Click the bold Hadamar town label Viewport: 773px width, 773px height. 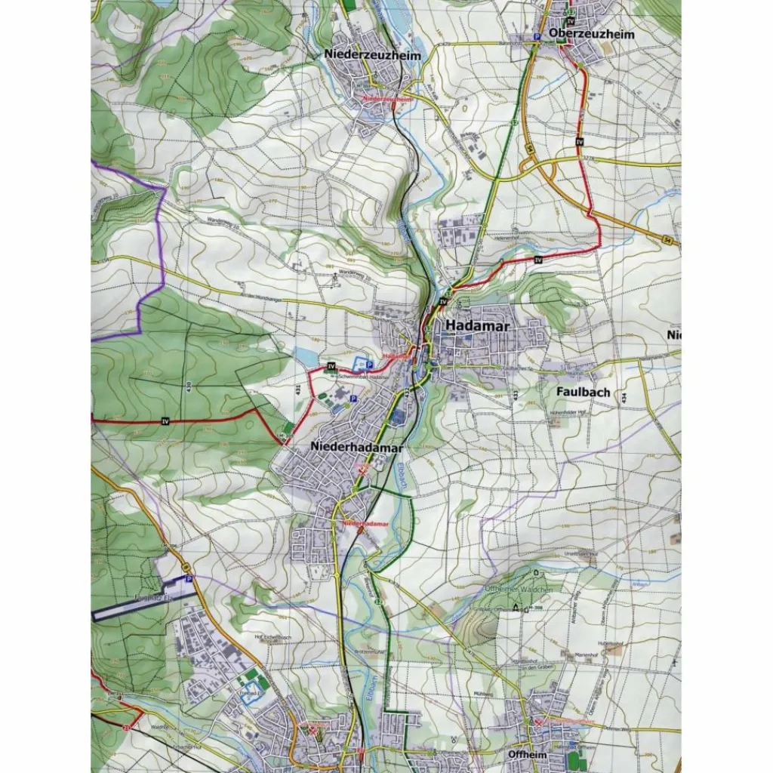click(478, 326)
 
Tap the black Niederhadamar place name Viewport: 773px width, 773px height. click(356, 448)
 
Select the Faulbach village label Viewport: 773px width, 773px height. click(583, 393)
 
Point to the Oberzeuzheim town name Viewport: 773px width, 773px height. click(592, 34)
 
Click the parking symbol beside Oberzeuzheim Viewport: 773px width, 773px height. click(537, 36)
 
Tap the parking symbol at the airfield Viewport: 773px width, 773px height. click(189, 578)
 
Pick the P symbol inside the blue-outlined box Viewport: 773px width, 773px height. click(369, 365)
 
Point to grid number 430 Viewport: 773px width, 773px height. click(187, 387)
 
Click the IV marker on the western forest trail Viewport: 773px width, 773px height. click(165, 420)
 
